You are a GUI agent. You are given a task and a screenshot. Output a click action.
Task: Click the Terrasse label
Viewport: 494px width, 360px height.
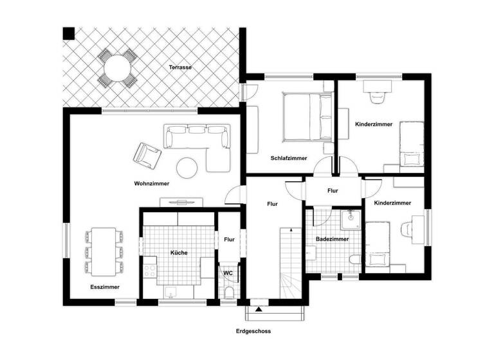pos(181,67)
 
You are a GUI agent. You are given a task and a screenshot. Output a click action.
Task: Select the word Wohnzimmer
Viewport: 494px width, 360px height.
pos(152,184)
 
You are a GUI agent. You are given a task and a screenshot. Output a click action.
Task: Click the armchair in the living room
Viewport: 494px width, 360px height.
pos(147,154)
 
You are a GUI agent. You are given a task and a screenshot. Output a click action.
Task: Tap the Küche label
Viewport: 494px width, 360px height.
pos(179,253)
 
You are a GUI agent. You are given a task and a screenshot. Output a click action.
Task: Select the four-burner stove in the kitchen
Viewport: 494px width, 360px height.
pos(151,266)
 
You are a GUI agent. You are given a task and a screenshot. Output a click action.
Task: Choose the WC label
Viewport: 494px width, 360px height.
pos(228,273)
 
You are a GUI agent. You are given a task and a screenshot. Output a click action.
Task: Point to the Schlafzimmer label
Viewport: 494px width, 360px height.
pos(288,158)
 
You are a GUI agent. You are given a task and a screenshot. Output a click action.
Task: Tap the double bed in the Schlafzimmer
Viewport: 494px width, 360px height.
pos(306,116)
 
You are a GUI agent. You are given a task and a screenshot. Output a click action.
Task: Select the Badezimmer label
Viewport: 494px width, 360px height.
pos(332,239)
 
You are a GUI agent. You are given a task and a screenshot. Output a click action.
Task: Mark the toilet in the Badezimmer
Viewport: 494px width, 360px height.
pos(353,260)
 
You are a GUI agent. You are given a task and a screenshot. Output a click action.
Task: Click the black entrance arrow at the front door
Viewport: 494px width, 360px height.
pos(259,310)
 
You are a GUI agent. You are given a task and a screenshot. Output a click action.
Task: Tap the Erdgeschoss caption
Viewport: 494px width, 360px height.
pos(253,332)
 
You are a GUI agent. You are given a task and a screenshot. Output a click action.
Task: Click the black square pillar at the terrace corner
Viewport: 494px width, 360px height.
pos(68,33)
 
